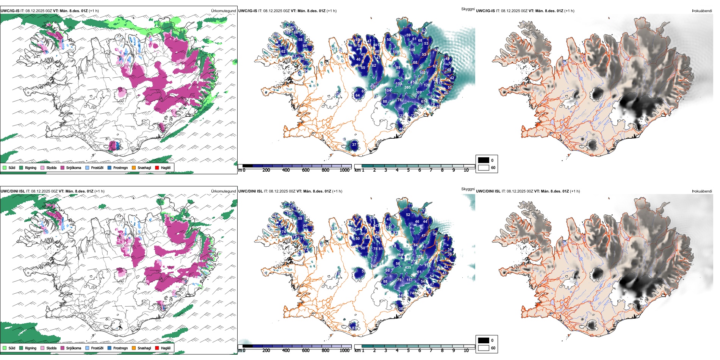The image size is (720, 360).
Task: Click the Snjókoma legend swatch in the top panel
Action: (x=63, y=167)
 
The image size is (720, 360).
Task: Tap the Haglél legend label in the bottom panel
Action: (x=165, y=348)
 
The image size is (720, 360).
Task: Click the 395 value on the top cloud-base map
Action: (x=407, y=88)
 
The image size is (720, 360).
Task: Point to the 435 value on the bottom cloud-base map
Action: (x=408, y=268)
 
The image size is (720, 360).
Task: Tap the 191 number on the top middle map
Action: (x=374, y=87)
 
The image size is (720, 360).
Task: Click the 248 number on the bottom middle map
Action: (x=374, y=266)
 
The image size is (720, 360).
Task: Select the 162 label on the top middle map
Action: (x=423, y=73)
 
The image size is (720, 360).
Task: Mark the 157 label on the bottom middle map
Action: (x=409, y=280)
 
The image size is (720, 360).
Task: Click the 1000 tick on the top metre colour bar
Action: (x=344, y=170)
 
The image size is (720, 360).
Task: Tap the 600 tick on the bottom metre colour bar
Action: (x=306, y=351)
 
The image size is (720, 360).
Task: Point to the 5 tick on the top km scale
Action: (x=409, y=170)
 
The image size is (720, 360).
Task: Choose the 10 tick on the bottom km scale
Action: (x=466, y=351)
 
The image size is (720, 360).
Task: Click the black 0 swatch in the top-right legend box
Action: (x=484, y=160)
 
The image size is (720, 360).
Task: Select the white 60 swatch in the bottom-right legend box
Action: (x=484, y=348)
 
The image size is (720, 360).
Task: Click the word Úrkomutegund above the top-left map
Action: (x=223, y=11)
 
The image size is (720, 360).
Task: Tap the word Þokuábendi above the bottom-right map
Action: (x=702, y=191)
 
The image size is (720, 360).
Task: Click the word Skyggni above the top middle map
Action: (x=468, y=9)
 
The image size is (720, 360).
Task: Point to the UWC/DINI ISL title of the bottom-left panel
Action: (x=13, y=191)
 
